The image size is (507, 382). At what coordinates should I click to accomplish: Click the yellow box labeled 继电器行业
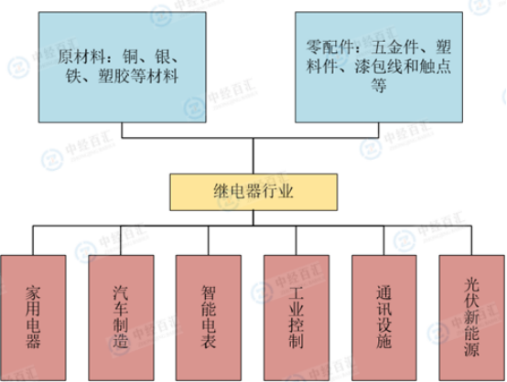pyautogui.click(x=253, y=192)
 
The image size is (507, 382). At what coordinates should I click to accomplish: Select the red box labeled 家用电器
pyautogui.click(x=33, y=318)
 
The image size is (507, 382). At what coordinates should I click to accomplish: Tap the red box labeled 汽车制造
pyautogui.click(x=121, y=318)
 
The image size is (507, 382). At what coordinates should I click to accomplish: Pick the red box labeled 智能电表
pyautogui.click(x=209, y=318)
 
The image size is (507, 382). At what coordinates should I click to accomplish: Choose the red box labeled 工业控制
pyautogui.click(x=297, y=318)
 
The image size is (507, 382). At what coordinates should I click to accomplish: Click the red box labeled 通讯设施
pyautogui.click(x=384, y=318)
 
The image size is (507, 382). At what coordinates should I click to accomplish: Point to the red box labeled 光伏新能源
pyautogui.click(x=471, y=318)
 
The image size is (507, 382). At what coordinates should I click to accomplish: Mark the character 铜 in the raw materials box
pyautogui.click(x=130, y=58)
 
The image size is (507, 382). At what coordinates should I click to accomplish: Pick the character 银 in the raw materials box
pyautogui.click(x=163, y=58)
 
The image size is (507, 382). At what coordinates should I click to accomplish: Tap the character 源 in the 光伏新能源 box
pyautogui.click(x=471, y=348)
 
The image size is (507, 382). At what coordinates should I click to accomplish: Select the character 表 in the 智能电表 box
pyautogui.click(x=209, y=341)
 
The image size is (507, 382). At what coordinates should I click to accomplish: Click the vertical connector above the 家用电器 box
pyautogui.click(x=33, y=240)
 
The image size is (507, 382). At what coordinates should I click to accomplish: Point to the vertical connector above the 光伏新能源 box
pyautogui.click(x=471, y=240)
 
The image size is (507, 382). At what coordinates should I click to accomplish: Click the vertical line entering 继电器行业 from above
pyautogui.click(x=253, y=156)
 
